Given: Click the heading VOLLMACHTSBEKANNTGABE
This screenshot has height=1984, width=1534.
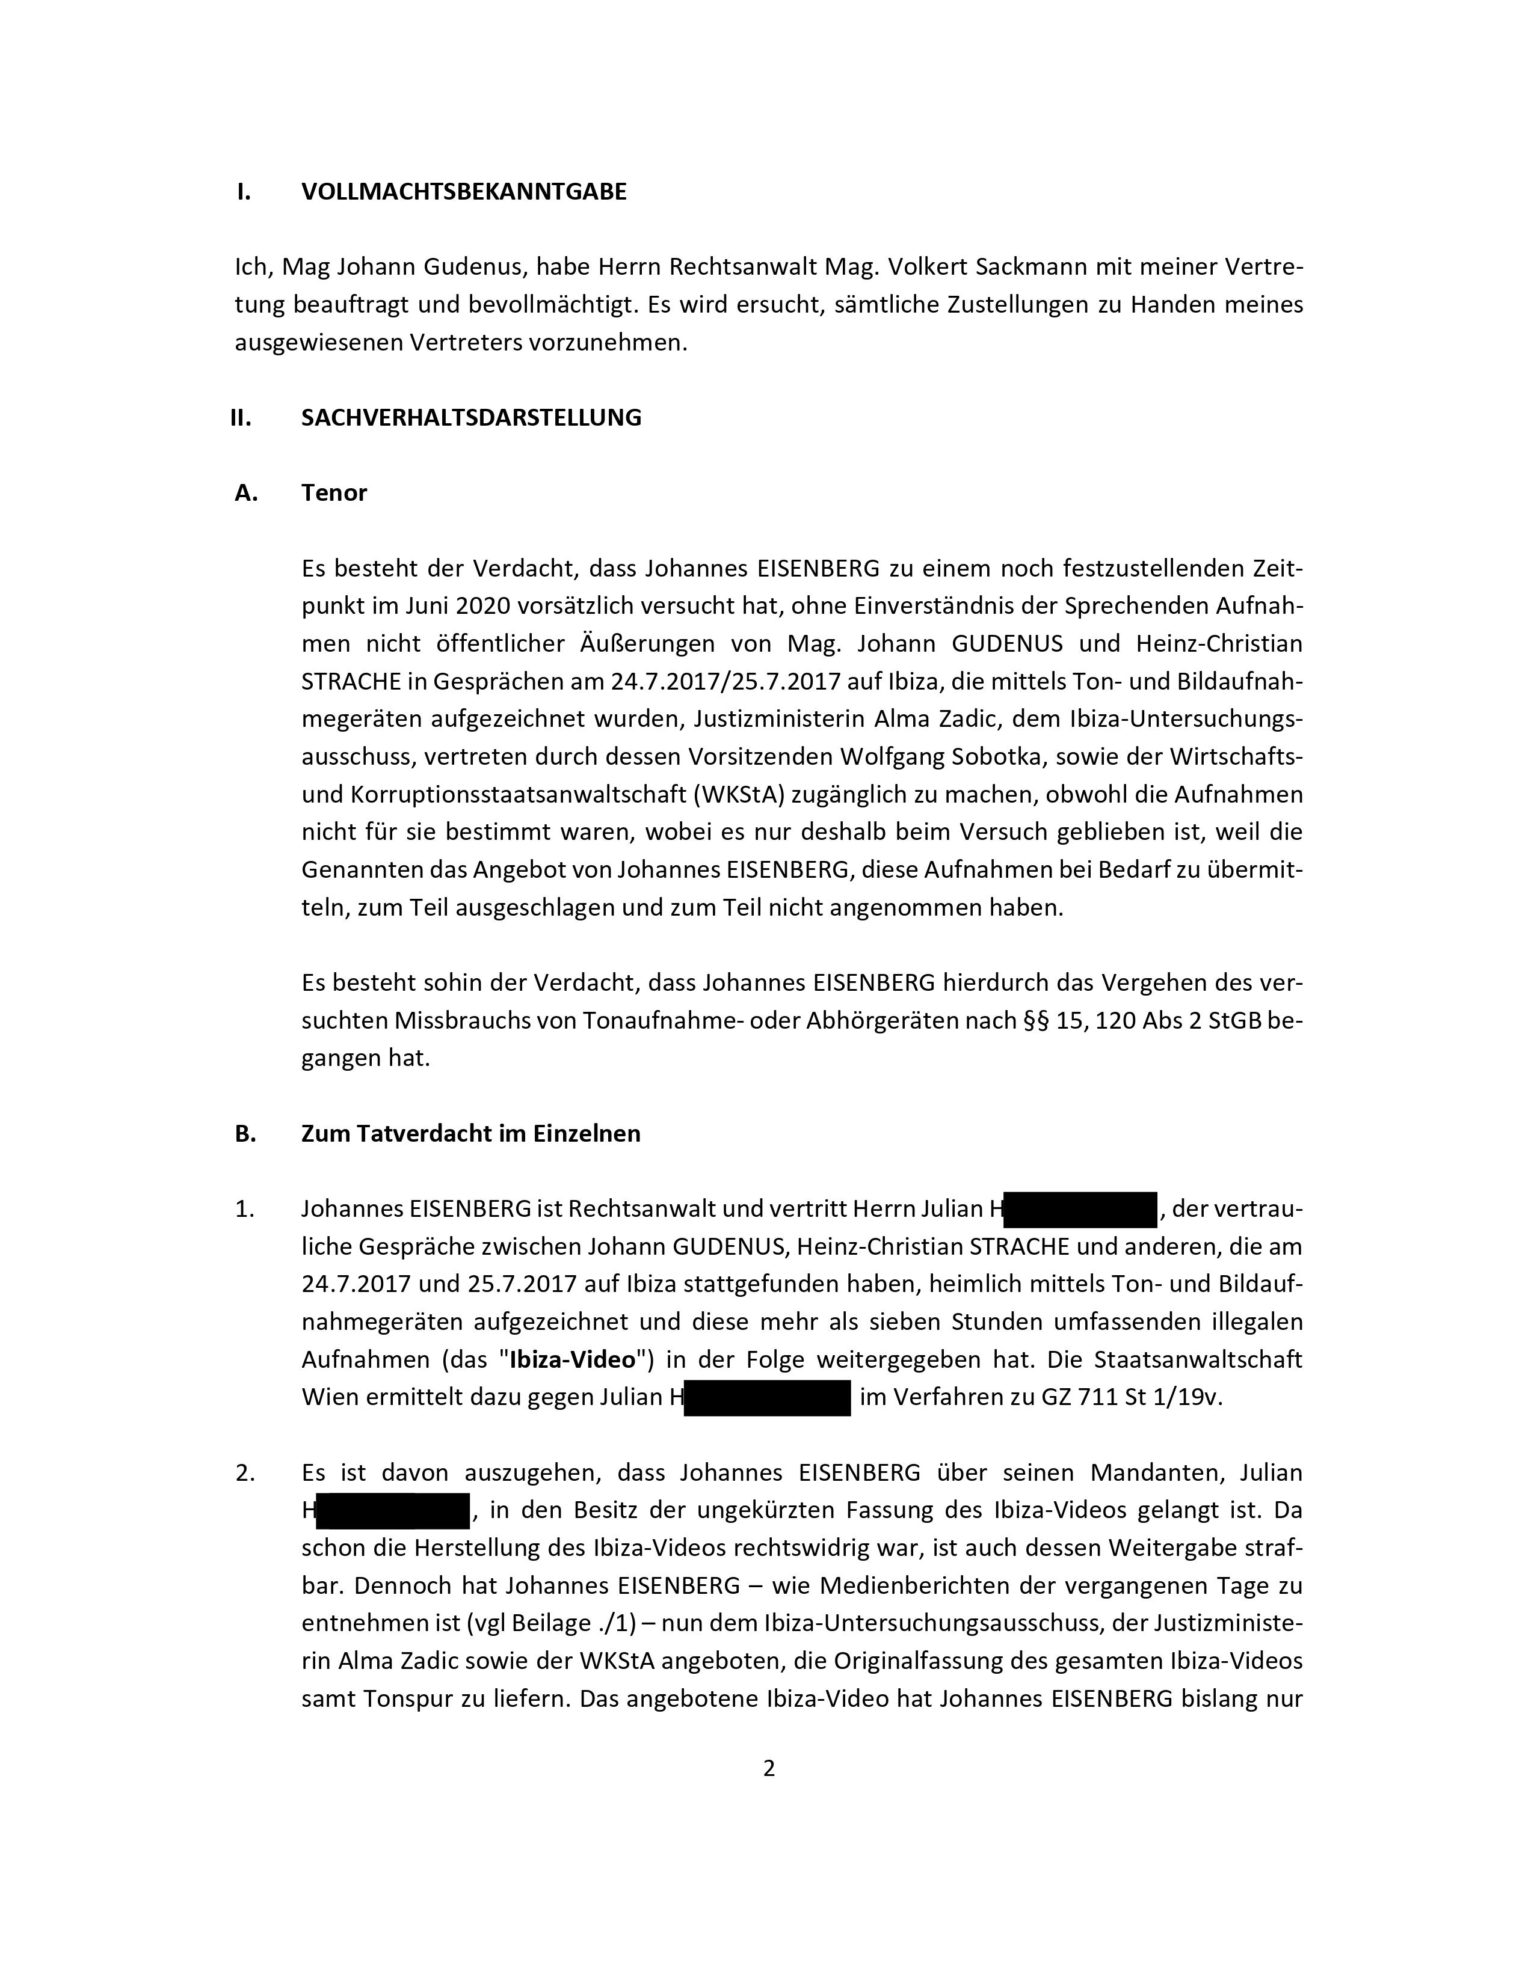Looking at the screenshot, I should tap(463, 192).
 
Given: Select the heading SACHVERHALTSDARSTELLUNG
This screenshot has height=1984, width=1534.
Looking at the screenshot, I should tap(471, 418).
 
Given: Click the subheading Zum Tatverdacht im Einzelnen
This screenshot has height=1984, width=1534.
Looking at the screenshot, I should tap(471, 1134).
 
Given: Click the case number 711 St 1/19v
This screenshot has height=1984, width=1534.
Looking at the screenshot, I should tap(1150, 1397).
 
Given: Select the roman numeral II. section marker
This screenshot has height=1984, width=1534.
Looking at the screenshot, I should tap(241, 418).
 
